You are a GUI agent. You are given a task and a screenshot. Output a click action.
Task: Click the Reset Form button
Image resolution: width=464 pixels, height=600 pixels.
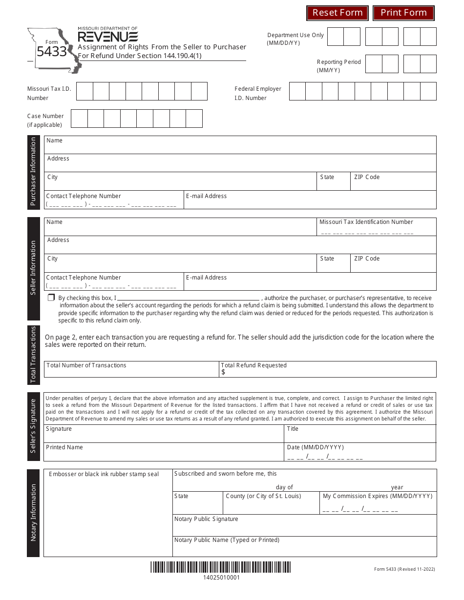point(337,13)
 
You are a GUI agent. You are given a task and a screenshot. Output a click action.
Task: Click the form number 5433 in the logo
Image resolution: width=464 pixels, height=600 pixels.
point(51,51)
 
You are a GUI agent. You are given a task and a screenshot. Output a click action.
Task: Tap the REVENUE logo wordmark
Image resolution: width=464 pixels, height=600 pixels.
point(108,37)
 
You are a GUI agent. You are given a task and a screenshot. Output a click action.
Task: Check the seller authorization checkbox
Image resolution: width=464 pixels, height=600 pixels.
point(51,298)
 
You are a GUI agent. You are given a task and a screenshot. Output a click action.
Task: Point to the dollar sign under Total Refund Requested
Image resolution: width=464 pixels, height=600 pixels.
point(223,372)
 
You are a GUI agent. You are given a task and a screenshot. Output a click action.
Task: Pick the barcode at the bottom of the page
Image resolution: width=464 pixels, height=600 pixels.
point(221,567)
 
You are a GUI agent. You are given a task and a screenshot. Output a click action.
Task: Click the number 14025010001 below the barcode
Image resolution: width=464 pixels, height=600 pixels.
point(221,578)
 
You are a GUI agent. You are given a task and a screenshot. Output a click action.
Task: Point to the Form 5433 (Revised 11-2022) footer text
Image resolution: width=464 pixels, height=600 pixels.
point(404,569)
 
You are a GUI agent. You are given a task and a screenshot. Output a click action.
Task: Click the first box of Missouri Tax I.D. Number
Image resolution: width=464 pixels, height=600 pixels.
point(85,91)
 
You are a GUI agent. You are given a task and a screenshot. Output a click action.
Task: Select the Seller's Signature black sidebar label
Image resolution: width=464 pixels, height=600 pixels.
point(33,426)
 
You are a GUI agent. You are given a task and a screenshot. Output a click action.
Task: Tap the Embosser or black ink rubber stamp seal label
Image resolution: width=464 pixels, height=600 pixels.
point(104,474)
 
